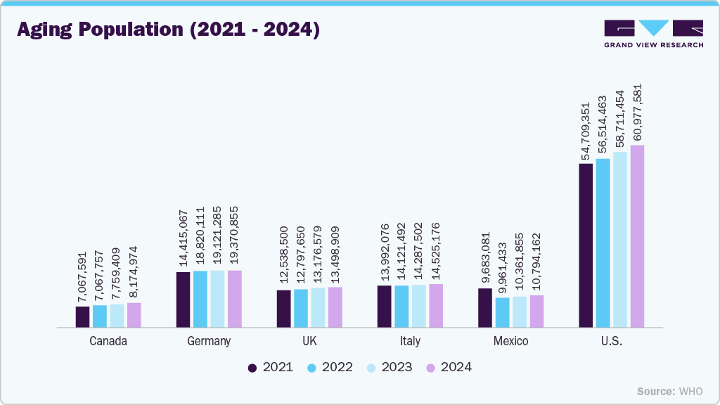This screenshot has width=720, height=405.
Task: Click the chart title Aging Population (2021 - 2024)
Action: tap(168, 30)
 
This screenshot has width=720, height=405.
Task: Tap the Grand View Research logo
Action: tap(653, 33)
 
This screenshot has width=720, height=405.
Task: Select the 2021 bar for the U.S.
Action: tap(586, 245)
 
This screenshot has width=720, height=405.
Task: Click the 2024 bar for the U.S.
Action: tap(637, 236)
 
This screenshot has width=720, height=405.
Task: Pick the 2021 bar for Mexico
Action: tap(485, 307)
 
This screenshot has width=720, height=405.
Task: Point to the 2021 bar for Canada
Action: tap(83, 316)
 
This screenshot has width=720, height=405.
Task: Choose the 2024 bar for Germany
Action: tap(234, 298)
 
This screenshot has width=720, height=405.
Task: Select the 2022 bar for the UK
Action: tap(301, 308)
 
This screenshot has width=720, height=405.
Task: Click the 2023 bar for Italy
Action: tap(418, 306)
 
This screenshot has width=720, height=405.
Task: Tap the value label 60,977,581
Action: tap(638, 112)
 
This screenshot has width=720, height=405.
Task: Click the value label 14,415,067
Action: tap(184, 238)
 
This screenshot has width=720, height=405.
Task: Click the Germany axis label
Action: tap(209, 341)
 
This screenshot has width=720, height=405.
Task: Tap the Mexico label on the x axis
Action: tap(510, 341)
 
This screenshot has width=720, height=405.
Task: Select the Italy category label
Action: tap(410, 341)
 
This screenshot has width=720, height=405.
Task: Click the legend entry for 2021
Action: tap(271, 367)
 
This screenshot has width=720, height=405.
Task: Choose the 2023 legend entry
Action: tap(390, 367)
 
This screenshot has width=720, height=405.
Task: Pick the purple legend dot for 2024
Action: tap(432, 367)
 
